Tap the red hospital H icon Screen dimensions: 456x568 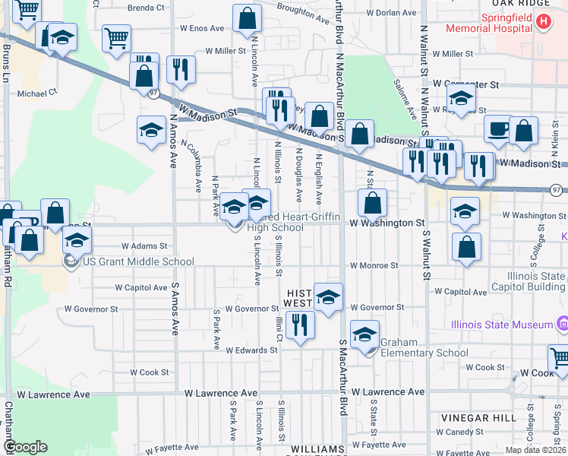(x=542, y=22)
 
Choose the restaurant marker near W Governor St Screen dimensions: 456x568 (x=301, y=326)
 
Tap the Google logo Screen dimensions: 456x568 (x=25, y=447)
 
